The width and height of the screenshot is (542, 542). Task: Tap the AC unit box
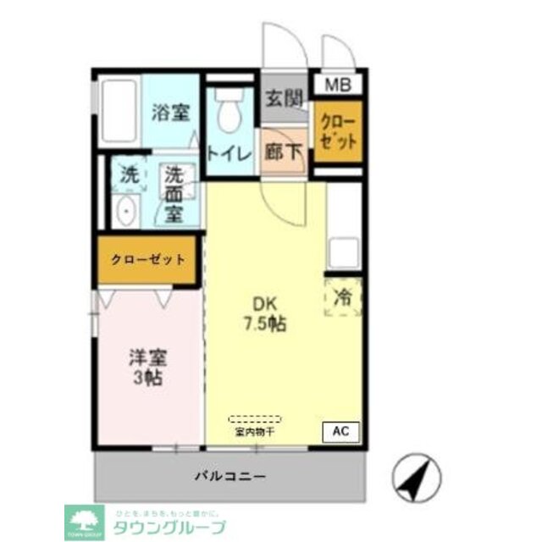click(340, 431)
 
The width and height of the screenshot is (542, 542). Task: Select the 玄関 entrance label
click(283, 99)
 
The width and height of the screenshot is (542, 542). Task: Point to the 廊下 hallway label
click(283, 152)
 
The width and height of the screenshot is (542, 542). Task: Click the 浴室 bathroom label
click(170, 113)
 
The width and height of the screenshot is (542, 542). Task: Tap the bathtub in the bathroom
click(119, 113)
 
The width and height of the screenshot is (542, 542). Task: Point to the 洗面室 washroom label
click(174, 194)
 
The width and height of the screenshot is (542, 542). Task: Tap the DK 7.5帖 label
click(264, 314)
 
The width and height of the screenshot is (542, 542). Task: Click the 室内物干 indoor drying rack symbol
click(254, 419)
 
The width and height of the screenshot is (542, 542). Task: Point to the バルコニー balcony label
click(230, 476)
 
